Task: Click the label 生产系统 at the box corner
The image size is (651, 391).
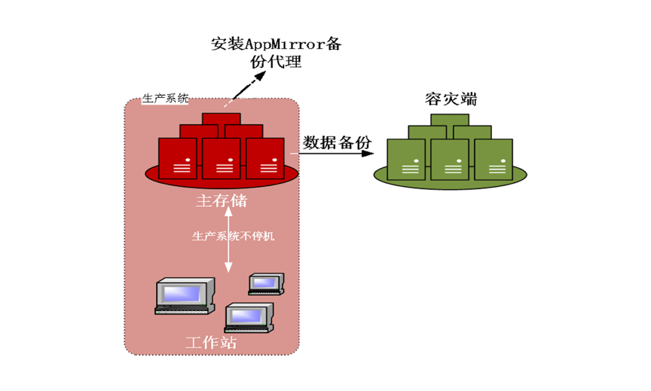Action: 166,99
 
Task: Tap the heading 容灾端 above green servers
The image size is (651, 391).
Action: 451,99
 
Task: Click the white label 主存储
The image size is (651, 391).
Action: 221,201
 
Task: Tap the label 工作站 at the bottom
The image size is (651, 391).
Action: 211,341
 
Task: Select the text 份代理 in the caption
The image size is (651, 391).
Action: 277,63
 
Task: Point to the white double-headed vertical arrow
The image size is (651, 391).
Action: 228,240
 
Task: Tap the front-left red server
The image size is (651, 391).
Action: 178,157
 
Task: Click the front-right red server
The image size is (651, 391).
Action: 265,157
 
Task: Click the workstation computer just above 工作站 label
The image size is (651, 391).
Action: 249,316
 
